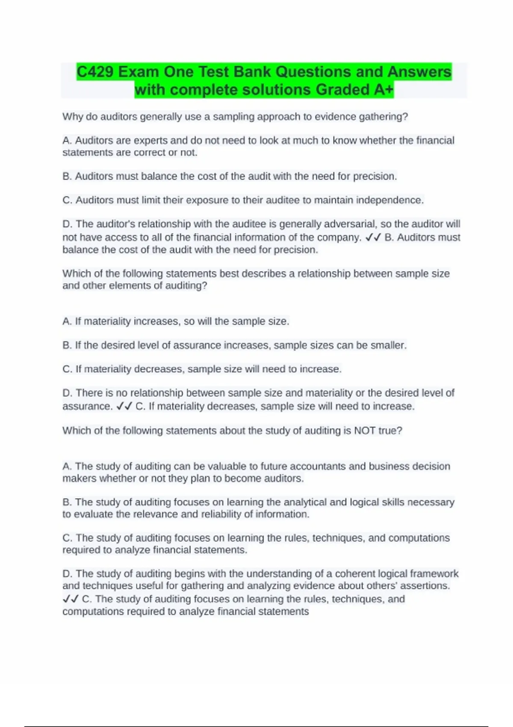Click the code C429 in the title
pyautogui.click(x=95, y=72)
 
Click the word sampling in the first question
pyautogui.click(x=233, y=117)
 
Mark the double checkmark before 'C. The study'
pyautogui.click(x=71, y=600)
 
